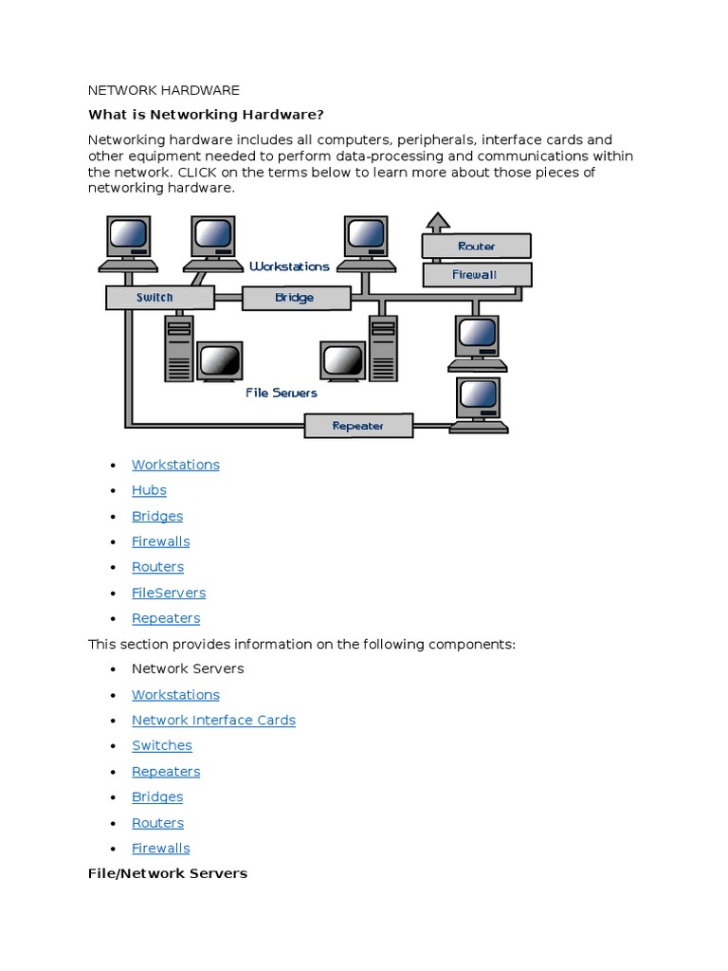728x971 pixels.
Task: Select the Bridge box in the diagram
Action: (294, 298)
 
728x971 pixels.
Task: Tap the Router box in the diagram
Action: (476, 247)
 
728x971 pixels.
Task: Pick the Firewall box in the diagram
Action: (476, 275)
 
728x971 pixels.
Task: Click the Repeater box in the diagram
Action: (358, 426)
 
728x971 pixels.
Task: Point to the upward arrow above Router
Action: (437, 223)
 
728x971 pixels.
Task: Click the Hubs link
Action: (149, 490)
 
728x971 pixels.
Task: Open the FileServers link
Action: (169, 593)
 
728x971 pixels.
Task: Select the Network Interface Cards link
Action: (213, 720)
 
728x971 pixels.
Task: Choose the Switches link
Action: (162, 745)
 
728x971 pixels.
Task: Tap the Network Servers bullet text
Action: (188, 669)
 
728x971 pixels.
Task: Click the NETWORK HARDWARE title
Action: (164, 90)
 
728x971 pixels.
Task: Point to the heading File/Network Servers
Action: (168, 872)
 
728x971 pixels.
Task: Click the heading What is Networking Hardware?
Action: (206, 115)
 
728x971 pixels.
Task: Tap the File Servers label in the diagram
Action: (282, 393)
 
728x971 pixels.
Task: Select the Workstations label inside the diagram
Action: (289, 266)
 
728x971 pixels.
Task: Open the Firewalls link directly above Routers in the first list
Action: (160, 541)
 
